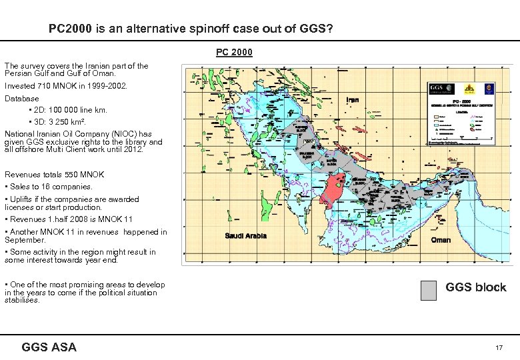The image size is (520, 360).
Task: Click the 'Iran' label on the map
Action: (x=353, y=100)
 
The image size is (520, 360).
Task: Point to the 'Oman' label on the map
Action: (x=441, y=240)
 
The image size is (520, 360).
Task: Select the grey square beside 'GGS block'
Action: (x=429, y=289)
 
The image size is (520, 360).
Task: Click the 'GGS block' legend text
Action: (x=475, y=287)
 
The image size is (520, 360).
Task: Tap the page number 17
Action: (x=498, y=348)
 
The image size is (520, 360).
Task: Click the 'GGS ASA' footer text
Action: (x=49, y=347)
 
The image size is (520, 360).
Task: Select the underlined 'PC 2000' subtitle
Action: (x=234, y=52)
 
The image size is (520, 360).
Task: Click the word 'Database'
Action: (x=22, y=99)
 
